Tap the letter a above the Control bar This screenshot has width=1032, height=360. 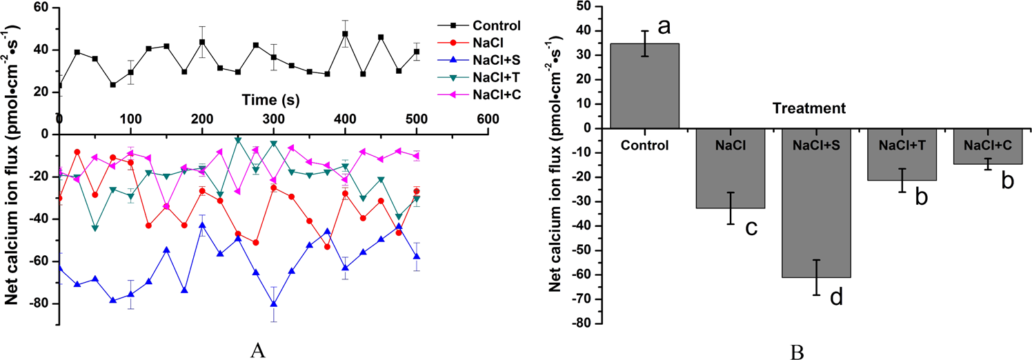(x=664, y=27)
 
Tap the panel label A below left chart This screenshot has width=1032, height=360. (x=257, y=350)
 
